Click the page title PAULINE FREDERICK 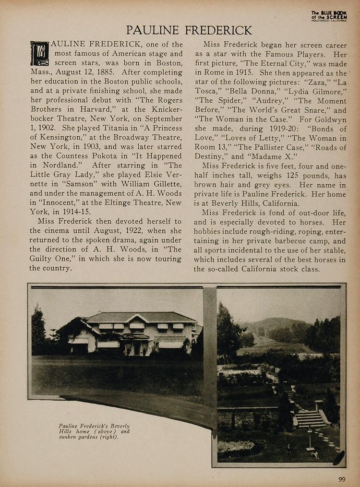click(x=189, y=30)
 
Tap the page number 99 click(x=341, y=478)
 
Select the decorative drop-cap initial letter click(x=39, y=53)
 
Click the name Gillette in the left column click(x=164, y=184)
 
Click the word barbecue click(x=296, y=240)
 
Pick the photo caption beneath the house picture click(x=94, y=431)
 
